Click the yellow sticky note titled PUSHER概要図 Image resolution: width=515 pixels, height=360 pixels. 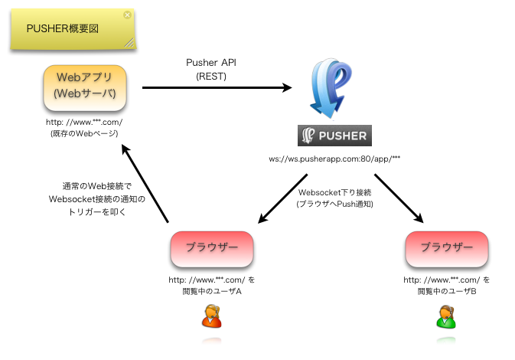pos(73,29)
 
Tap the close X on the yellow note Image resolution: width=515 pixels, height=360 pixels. pos(128,15)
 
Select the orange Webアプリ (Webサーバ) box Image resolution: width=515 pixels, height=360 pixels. pos(85,87)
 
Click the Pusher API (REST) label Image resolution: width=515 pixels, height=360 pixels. pos(211,70)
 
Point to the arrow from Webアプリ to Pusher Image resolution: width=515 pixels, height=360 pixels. pos(217,88)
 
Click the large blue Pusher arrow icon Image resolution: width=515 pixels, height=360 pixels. pos(330,88)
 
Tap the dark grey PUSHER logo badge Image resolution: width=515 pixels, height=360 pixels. pos(334,136)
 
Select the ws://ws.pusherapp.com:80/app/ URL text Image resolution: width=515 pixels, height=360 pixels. pos(334,159)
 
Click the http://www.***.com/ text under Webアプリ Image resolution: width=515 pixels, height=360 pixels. pos(84,123)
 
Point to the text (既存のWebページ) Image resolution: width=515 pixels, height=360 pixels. pos(84,133)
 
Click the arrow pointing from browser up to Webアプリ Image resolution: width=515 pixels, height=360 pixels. pos(145,184)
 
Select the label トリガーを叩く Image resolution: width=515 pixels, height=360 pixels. pos(97,212)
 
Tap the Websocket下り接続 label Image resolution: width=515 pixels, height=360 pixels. pos(334,192)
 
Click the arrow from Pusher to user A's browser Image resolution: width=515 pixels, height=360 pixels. pos(283,198)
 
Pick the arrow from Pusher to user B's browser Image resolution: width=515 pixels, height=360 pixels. pos(399,198)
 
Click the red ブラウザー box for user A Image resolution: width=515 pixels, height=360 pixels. pos(212,249)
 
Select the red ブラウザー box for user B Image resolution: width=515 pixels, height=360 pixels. pos(447,249)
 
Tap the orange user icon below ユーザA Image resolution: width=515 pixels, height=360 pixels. pos(211,316)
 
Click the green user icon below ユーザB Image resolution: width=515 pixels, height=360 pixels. pos(446,316)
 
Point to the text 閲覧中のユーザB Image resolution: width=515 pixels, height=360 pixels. pos(447,291)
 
